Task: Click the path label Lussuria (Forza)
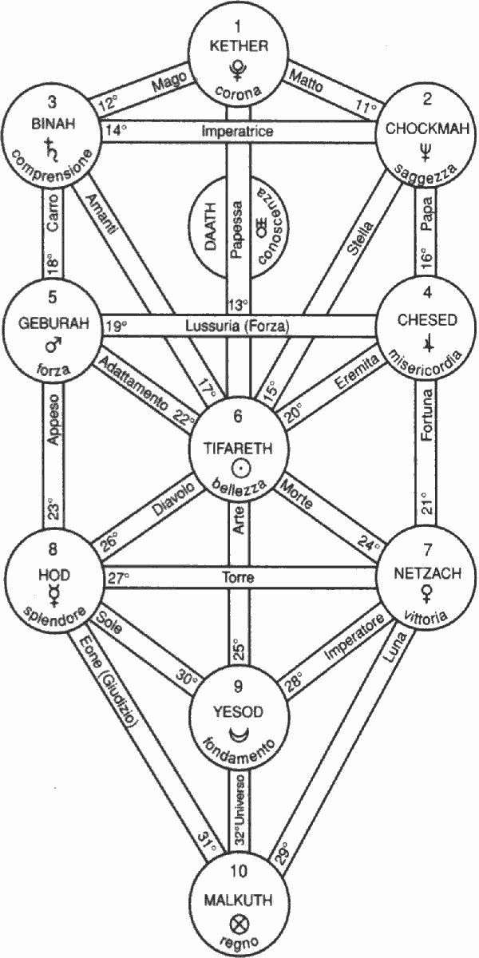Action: [x=236, y=325]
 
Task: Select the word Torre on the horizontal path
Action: [x=238, y=576]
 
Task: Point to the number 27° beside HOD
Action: [x=117, y=576]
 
